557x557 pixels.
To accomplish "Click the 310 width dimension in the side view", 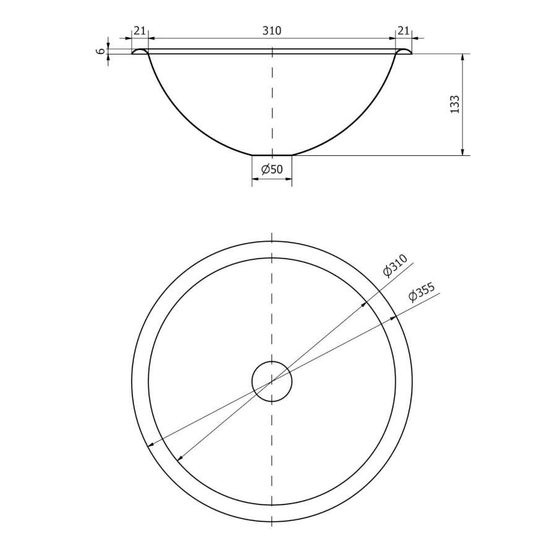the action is pos(272,31).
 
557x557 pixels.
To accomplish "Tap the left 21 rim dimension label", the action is pos(140,31).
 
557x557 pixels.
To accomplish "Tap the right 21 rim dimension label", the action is pos(403,31).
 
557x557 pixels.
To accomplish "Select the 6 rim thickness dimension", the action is pos(101,51).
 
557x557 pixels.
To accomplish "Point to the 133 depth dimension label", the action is pos(455,104).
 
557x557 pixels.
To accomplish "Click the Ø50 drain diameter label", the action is pos(272,170).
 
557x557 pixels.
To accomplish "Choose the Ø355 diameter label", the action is pos(421,292).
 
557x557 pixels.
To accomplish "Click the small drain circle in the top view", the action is pos(272,361).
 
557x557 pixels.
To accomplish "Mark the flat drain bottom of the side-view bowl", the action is pos(272,155).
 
